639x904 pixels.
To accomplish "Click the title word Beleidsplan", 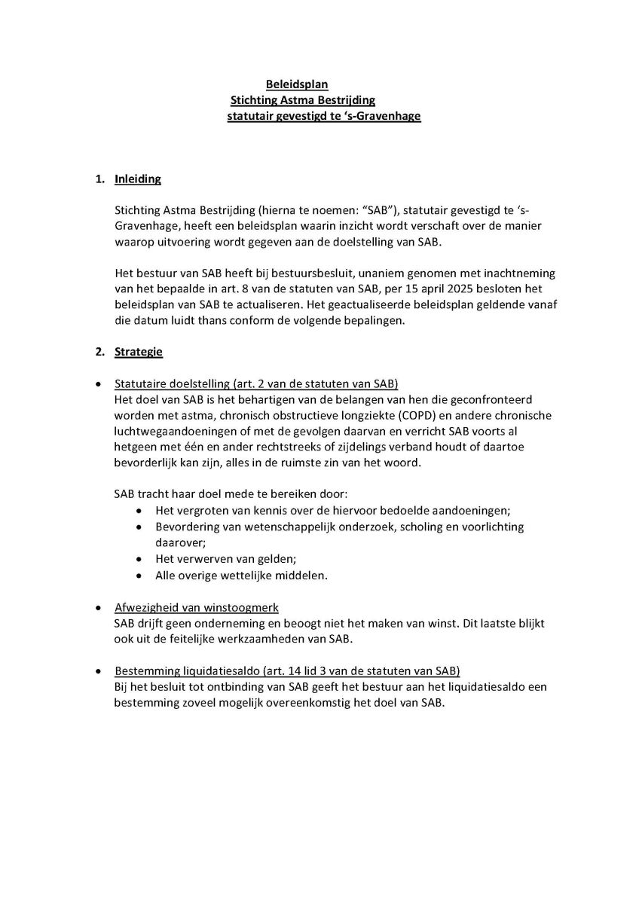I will click(297, 84).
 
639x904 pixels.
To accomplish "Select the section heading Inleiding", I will click(138, 179).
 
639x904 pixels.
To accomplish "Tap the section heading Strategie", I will click(139, 351).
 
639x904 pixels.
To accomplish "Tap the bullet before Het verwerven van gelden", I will click(139, 559).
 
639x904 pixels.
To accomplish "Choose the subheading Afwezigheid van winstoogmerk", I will click(197, 607).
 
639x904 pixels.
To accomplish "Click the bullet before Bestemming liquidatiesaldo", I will click(99, 670).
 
